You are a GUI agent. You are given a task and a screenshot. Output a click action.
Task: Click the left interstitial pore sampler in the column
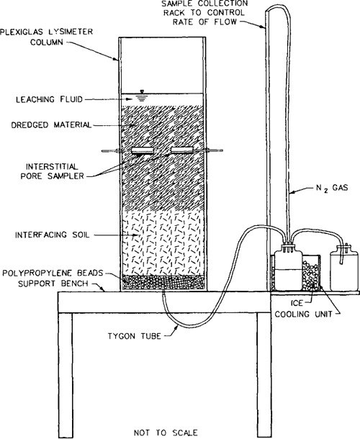[145, 150]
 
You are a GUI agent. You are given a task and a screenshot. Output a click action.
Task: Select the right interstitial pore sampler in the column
[182, 150]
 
